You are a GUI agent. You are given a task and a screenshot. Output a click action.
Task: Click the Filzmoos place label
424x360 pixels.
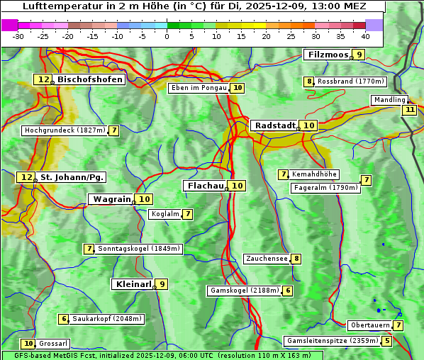click(327, 55)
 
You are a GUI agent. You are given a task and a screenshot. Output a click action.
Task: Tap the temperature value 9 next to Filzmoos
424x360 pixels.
click(359, 55)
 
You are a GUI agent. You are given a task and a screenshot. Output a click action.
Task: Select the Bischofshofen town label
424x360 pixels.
click(89, 80)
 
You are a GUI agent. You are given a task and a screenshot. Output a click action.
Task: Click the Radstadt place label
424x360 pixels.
click(274, 125)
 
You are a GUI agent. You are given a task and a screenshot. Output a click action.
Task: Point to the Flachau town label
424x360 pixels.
click(205, 186)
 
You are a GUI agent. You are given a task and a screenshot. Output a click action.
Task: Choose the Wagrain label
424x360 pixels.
click(112, 199)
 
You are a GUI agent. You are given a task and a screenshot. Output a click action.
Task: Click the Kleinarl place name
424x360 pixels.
click(133, 284)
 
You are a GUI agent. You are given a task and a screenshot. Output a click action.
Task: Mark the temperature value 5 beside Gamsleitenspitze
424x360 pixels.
click(386, 341)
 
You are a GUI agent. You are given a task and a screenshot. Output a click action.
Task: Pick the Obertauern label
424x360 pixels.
click(369, 325)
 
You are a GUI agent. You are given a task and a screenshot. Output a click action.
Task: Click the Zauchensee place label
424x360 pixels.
click(267, 259)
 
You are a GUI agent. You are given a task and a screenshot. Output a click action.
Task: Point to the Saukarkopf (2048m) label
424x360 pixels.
click(107, 319)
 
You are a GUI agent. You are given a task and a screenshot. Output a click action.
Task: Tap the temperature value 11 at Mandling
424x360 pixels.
click(410, 110)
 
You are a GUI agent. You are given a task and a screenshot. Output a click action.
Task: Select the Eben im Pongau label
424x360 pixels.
click(199, 88)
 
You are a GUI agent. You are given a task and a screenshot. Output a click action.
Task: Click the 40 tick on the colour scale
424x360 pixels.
click(365, 35)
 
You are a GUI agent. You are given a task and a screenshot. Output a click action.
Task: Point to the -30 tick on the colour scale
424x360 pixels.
click(18, 35)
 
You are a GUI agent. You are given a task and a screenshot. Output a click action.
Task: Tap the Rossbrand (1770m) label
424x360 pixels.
click(350, 81)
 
